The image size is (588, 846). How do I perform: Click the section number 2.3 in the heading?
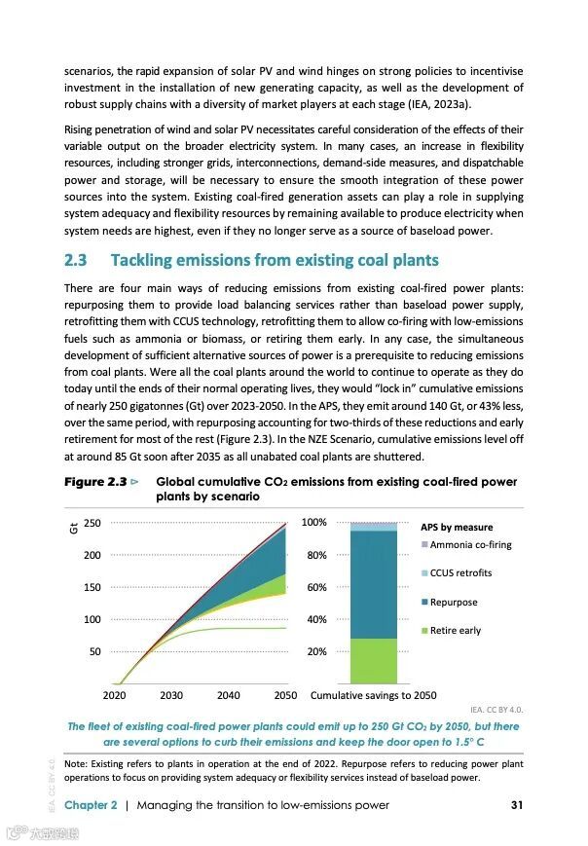click(x=76, y=261)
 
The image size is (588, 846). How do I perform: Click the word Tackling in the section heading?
click(x=145, y=261)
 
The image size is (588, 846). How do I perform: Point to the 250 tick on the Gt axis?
click(x=92, y=524)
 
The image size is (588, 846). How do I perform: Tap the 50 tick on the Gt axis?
click(x=95, y=652)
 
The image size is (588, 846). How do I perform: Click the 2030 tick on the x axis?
click(x=171, y=696)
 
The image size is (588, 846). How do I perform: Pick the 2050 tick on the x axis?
click(x=285, y=696)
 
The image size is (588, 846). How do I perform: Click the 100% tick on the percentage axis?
click(x=313, y=524)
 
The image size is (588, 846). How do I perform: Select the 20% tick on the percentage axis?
click(x=316, y=652)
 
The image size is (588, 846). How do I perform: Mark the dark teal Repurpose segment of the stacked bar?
click(x=374, y=584)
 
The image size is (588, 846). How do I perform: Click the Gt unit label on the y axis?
click(x=73, y=529)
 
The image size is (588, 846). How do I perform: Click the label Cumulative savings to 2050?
click(x=373, y=696)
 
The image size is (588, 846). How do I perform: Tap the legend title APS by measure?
click(x=457, y=528)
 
